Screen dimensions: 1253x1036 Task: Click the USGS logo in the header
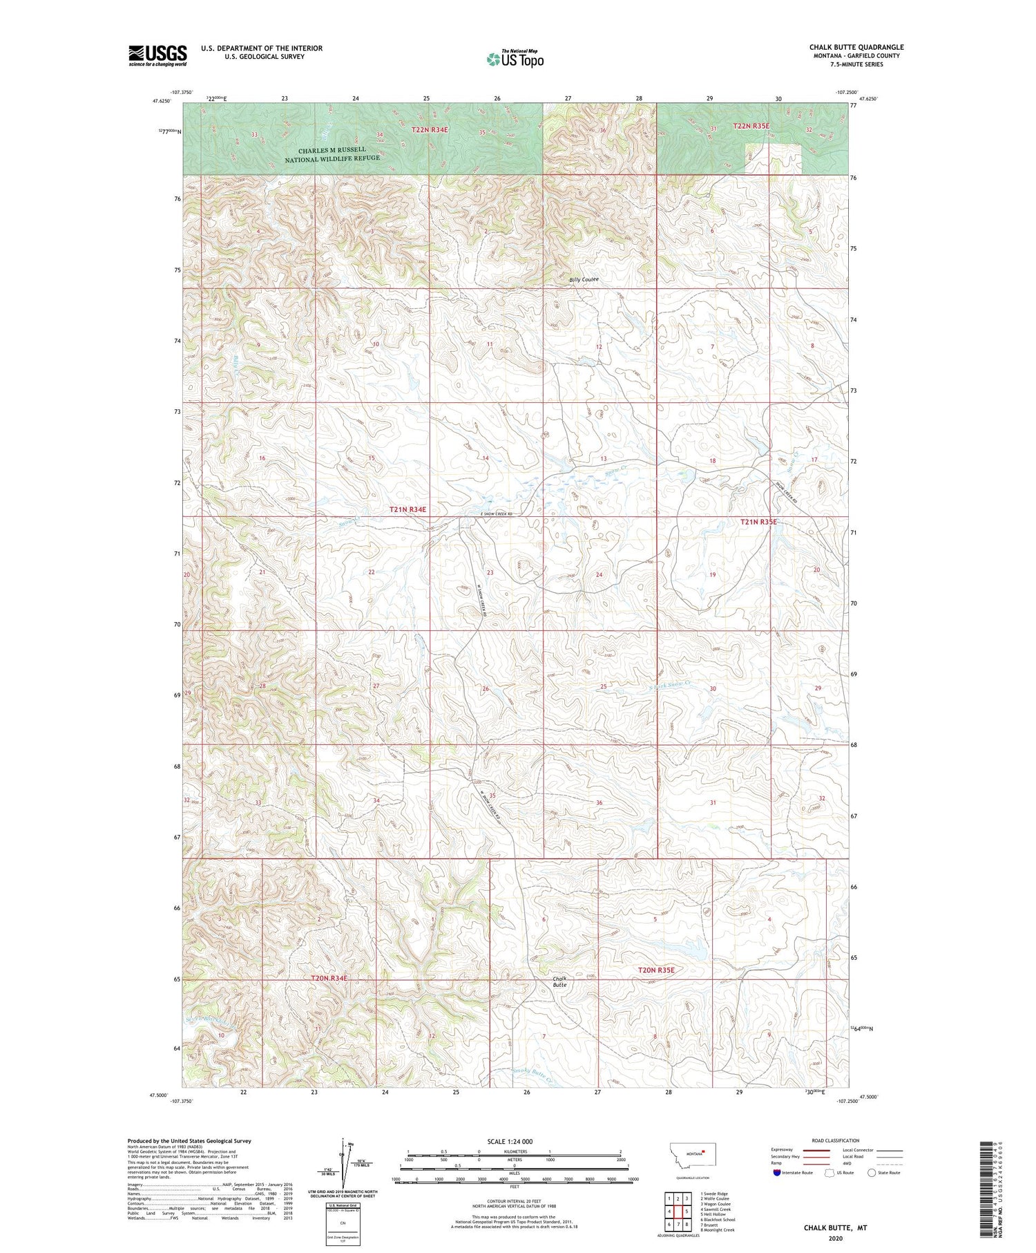tap(157, 55)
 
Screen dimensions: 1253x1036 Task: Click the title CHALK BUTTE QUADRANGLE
tap(856, 47)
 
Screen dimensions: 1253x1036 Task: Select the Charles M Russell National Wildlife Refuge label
tap(332, 154)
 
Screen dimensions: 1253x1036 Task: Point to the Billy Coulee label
tap(584, 280)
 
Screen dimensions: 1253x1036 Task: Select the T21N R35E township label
tap(758, 522)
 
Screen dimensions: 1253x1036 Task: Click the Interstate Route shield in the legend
tap(777, 1172)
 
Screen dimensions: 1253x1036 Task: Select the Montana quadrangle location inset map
tap(695, 1155)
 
